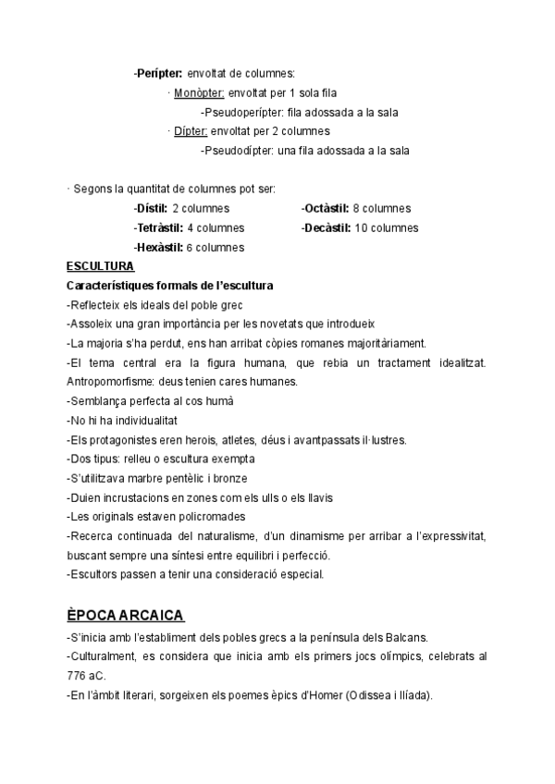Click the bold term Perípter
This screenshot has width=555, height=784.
coord(158,72)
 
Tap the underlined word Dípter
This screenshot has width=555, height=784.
coord(191,131)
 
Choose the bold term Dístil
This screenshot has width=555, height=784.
coord(151,209)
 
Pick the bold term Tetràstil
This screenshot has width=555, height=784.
coord(158,227)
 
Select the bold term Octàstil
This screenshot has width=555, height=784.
coord(325,209)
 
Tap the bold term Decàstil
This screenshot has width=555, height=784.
coord(326,227)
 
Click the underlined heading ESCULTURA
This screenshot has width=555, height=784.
coord(101,266)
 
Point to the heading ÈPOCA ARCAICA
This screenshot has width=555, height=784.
coord(126,615)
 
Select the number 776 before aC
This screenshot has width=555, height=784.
coord(78,676)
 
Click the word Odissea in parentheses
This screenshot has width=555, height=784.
coord(364,695)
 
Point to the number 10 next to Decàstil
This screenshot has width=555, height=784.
coord(363,227)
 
